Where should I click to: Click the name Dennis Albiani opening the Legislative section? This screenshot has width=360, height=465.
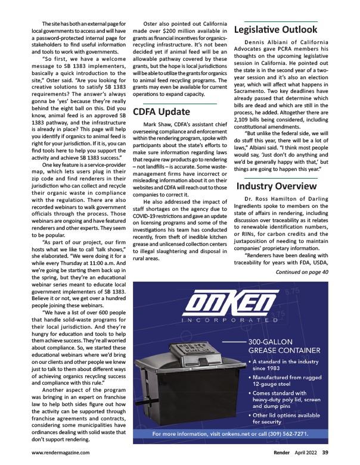pos(265,42)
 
